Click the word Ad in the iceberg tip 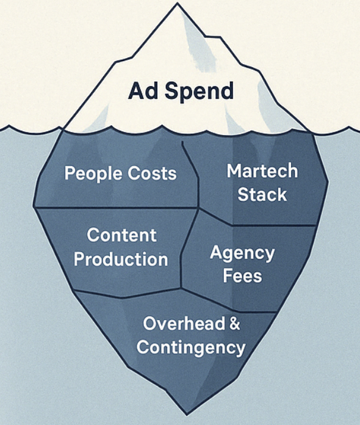143,90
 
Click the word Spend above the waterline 199,92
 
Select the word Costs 152,173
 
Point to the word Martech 262,171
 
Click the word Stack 262,195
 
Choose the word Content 121,235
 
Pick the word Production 121,260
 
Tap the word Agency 242,254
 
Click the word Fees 242,276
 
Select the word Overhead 184,324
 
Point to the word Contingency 191,348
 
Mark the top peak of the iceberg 178,2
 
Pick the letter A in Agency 216,252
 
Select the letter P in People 70,173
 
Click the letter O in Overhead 151,324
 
